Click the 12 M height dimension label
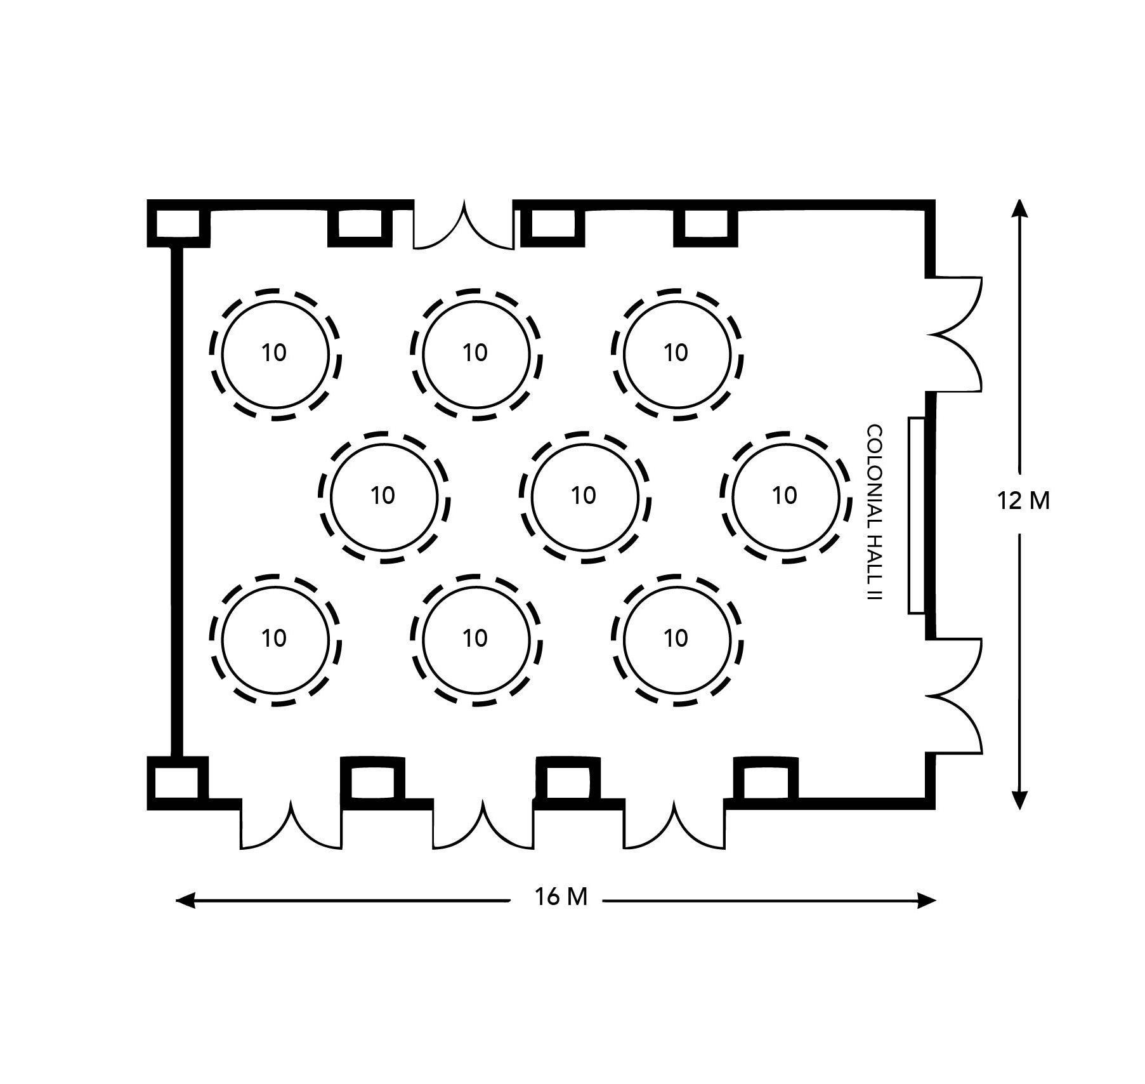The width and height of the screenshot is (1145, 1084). point(1024,501)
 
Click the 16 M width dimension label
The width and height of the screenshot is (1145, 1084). point(561,897)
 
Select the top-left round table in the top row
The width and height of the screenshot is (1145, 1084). point(275,354)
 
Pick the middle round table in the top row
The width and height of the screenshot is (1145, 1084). point(476,354)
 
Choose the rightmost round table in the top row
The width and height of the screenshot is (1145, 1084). point(677,354)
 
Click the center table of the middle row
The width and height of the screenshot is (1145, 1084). point(585,497)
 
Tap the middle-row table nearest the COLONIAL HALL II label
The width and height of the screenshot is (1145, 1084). point(785,497)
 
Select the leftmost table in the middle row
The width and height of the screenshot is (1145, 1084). point(384,497)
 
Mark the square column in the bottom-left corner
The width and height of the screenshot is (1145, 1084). point(178,783)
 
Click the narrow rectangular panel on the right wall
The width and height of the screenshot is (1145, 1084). point(917,515)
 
